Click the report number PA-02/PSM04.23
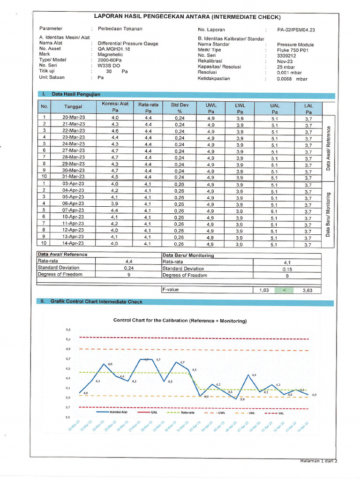[x=296, y=30]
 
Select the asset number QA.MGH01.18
[x=114, y=48]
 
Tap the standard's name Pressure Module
[x=295, y=45]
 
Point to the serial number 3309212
[x=286, y=56]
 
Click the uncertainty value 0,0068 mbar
[x=292, y=79]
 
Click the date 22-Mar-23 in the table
[x=74, y=131]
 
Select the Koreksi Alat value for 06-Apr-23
[x=115, y=204]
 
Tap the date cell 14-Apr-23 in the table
[x=74, y=244]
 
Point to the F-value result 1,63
[x=264, y=290]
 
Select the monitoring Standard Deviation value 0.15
[x=287, y=269]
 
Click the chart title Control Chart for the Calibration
[x=180, y=321]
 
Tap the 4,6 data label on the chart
[x=110, y=364]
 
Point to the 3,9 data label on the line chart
[x=242, y=399]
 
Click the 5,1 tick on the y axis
[x=68, y=339]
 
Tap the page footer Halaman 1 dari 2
[x=319, y=461]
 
